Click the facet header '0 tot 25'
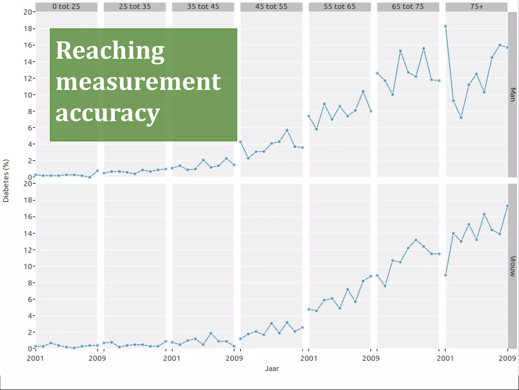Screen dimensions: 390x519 pyautogui.click(x=66, y=7)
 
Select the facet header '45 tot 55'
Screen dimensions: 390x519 pyautogui.click(x=271, y=7)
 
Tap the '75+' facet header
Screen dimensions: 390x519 pyautogui.click(x=476, y=7)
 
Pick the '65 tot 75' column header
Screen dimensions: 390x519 pyautogui.click(x=408, y=7)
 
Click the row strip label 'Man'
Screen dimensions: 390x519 pyautogui.click(x=512, y=94)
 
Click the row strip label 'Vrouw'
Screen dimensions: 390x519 pyautogui.click(x=512, y=266)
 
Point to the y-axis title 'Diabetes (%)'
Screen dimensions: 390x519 pyautogui.click(x=6, y=181)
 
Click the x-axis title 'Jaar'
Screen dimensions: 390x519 pyautogui.click(x=272, y=368)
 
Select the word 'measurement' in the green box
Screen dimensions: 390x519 pyautogui.click(x=138, y=82)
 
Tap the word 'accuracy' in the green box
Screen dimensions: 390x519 pyautogui.click(x=108, y=113)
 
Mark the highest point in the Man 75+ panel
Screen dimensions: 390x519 pyautogui.click(x=446, y=26)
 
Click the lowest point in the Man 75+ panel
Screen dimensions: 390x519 pyautogui.click(x=461, y=118)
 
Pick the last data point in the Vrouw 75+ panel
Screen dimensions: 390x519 pyautogui.click(x=508, y=206)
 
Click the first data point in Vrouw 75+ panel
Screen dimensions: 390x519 pyautogui.click(x=446, y=275)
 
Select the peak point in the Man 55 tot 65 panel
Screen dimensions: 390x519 pyautogui.click(x=363, y=91)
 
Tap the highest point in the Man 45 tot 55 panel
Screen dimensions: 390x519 pyautogui.click(x=287, y=130)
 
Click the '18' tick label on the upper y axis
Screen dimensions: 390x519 pyautogui.click(x=28, y=29)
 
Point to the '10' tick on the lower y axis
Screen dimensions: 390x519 pyautogui.click(x=28, y=266)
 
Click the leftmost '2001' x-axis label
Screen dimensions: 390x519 pyautogui.click(x=35, y=358)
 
